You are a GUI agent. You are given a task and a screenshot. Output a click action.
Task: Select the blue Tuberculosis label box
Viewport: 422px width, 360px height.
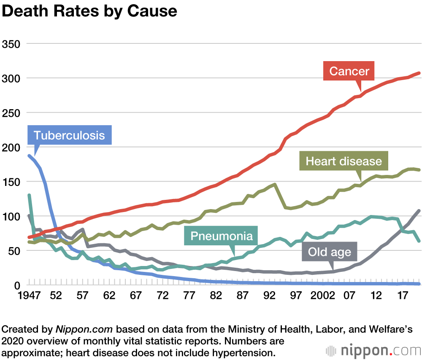click(69, 135)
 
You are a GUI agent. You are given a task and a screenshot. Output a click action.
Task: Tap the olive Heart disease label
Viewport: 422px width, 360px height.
click(344, 161)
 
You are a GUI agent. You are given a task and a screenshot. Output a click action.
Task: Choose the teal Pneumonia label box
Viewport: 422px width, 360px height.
click(221, 236)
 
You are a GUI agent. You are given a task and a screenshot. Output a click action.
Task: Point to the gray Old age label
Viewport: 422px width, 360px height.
click(329, 252)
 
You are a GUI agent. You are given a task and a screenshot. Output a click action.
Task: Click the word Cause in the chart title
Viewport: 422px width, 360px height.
click(150, 11)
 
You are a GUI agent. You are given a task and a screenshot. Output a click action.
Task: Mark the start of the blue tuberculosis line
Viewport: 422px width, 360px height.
click(29, 156)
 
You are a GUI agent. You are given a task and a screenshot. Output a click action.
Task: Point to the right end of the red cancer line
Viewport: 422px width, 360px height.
click(419, 73)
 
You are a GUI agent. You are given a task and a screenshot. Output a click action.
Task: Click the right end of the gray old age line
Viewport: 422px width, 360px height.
click(419, 211)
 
